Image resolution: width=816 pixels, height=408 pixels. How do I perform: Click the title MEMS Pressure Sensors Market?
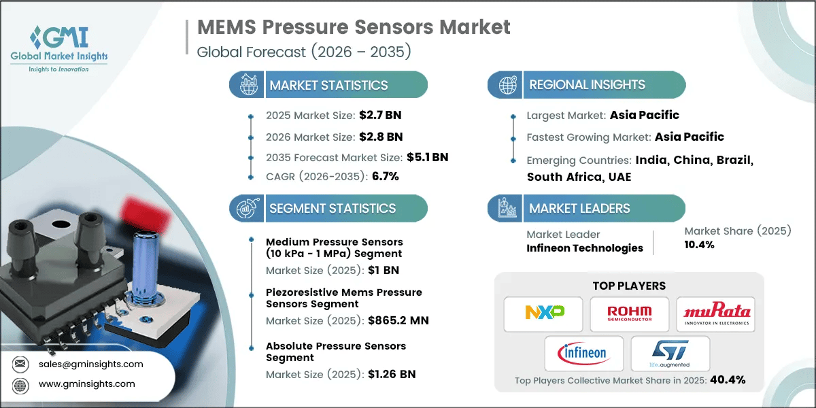coord(354,27)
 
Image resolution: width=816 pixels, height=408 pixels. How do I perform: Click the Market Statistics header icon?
coord(245,85)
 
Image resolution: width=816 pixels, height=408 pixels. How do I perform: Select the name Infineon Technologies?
coord(585,248)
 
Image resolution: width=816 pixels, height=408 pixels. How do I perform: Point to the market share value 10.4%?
coord(700,245)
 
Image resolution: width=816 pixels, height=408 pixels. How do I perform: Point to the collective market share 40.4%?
coord(727,379)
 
